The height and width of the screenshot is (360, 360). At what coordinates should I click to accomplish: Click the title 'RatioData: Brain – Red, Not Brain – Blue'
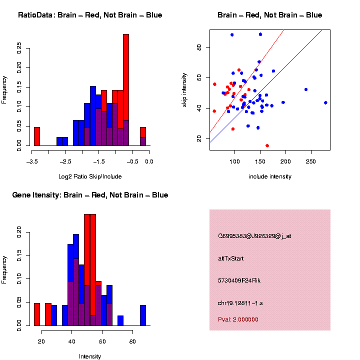pyautogui.click(x=90, y=15)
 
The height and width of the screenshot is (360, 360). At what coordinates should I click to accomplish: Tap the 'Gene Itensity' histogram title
pyautogui.click(x=90, y=195)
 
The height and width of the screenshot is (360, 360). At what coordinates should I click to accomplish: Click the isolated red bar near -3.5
pyautogui.click(x=36, y=136)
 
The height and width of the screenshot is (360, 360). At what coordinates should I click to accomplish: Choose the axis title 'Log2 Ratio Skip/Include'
pyautogui.click(x=90, y=176)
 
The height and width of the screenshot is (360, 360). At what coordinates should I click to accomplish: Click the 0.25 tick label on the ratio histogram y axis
pyautogui.click(x=19, y=46)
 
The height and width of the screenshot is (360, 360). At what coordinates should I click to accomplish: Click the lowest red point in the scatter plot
pyautogui.click(x=267, y=145)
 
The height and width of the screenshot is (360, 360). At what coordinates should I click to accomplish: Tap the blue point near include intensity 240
pyautogui.click(x=306, y=89)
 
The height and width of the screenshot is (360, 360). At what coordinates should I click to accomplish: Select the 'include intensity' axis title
pyautogui.click(x=270, y=176)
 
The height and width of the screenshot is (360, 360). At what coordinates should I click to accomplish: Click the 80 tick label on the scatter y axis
pyautogui.click(x=199, y=47)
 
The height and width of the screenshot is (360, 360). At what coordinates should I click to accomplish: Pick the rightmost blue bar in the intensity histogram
pyautogui.click(x=143, y=315)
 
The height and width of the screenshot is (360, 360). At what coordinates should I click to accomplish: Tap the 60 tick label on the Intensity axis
pyautogui.click(x=102, y=341)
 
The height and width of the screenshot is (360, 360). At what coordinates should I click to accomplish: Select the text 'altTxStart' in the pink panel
pyautogui.click(x=231, y=258)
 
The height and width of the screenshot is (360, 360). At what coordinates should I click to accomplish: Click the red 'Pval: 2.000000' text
pyautogui.click(x=238, y=319)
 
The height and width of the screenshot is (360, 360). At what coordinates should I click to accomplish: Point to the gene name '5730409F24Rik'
pyautogui.click(x=239, y=280)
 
